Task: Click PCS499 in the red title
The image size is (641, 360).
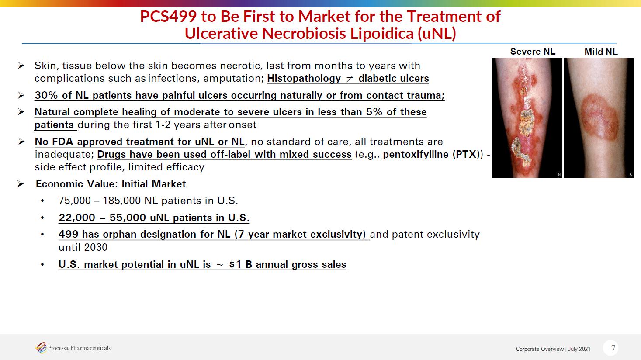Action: pos(168,16)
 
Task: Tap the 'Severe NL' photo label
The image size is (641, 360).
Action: pos(533,52)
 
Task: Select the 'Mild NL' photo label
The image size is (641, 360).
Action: pos(601,52)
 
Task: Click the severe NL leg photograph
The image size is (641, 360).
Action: pos(527,118)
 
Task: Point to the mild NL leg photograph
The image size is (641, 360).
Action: pos(599,118)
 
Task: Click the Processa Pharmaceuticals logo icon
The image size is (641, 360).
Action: pos(41,348)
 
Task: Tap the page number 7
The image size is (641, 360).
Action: pos(613,348)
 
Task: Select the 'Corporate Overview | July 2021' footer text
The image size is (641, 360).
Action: pos(553,349)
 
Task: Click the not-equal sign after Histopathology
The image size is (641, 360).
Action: pos(350,79)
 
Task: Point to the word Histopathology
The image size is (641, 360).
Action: pos(304,78)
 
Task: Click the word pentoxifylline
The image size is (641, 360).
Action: pos(416,155)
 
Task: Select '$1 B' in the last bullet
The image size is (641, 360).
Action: pos(241,264)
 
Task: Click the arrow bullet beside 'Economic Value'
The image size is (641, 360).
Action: pos(21,184)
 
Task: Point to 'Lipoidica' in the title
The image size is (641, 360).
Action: pos(382,33)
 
